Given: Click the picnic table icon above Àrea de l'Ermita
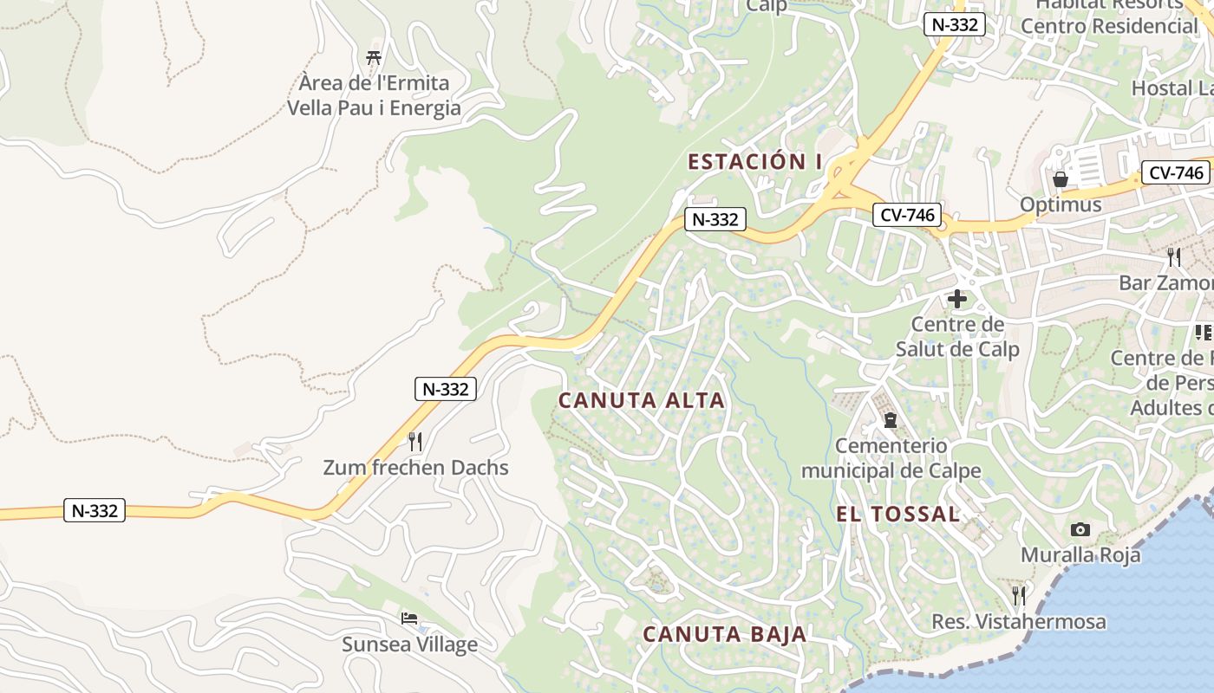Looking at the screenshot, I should tap(374, 58).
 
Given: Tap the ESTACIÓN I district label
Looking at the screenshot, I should tap(754, 161).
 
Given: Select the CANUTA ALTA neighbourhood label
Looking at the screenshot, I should tap(641, 400).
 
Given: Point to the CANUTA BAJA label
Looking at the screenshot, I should tap(725, 634).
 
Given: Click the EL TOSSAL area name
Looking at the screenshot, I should tap(897, 514).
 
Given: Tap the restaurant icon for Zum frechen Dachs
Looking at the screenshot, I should tap(415, 442).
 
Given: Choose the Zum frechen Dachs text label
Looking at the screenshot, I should tap(415, 468).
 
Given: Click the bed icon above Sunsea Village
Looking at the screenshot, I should tap(409, 619).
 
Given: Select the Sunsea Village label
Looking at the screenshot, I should tap(409, 644).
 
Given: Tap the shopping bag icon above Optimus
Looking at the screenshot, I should tap(1060, 179).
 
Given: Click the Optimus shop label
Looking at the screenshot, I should tap(1061, 204).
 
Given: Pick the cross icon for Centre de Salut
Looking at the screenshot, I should tap(957, 299).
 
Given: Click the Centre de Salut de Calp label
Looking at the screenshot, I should tap(957, 337).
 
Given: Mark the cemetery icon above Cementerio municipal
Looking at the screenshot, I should tap(891, 420).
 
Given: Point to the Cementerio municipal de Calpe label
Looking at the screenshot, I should tap(891, 458).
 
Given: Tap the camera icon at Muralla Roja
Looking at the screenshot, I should tap(1080, 529).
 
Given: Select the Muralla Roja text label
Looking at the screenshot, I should tap(1080, 555).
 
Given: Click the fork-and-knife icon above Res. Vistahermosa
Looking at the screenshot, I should tap(1019, 596).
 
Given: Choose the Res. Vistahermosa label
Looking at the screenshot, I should tap(1019, 622).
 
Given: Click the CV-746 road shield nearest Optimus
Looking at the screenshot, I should tap(1176, 172).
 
